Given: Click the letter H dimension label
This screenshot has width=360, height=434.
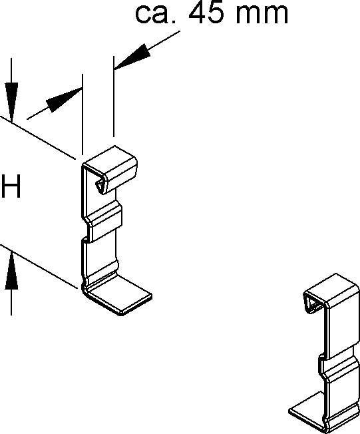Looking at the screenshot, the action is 11,186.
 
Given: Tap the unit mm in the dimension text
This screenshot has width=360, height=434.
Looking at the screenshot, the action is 262,15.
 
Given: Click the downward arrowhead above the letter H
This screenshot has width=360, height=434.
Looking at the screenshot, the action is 11,102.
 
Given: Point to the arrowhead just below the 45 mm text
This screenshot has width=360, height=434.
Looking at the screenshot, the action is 132,56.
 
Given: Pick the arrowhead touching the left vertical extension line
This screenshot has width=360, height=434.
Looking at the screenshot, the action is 65,100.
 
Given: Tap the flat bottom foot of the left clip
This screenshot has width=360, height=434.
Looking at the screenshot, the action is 120,296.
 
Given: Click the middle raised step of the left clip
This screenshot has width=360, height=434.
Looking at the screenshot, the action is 104,221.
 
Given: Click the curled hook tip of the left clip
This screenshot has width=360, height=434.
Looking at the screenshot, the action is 100,186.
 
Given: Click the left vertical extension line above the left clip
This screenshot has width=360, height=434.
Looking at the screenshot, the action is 83,114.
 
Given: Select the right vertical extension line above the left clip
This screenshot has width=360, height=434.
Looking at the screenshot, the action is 114,97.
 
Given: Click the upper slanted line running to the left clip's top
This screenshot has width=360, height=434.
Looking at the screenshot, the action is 38,138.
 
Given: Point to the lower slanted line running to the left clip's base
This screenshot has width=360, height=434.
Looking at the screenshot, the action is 39,266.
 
